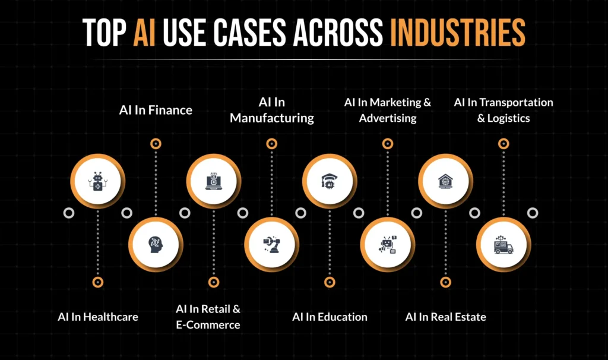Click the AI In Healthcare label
point(98,317)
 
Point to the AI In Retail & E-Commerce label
point(208,317)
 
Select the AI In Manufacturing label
point(272,110)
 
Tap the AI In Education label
point(330,317)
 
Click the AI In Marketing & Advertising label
point(388,110)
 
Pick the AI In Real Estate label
point(445,317)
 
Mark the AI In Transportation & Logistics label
point(503,110)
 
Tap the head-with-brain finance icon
point(156,244)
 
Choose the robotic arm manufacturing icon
point(272,244)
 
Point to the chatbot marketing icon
point(388,244)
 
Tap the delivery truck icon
point(503,244)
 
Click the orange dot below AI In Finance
point(156,143)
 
